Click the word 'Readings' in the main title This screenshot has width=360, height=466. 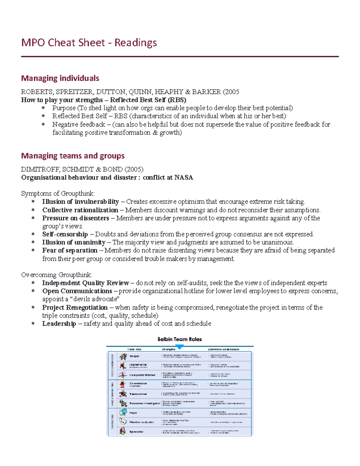[136, 43]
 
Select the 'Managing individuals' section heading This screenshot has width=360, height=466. [60, 78]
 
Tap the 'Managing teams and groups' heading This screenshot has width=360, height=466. [73, 156]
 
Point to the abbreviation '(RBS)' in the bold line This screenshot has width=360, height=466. [177, 100]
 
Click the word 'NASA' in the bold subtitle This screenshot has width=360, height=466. [184, 178]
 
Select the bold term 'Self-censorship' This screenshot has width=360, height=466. [65, 234]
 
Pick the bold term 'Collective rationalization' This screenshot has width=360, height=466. [80, 210]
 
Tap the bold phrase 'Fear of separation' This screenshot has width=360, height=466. [70, 251]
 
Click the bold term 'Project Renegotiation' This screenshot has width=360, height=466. [75, 308]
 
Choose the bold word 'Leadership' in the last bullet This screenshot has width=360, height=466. [59, 324]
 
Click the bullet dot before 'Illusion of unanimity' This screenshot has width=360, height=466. [33, 242]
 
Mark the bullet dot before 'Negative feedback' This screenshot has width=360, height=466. [43, 124]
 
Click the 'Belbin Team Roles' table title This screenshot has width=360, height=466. [179, 339]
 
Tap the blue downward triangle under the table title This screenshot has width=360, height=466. [179, 347]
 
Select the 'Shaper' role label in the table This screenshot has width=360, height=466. [134, 356]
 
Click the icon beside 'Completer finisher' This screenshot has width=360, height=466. [122, 375]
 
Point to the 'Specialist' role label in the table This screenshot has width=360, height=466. [136, 432]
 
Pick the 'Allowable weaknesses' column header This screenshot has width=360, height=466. [223, 349]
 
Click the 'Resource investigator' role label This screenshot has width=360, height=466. [145, 403]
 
